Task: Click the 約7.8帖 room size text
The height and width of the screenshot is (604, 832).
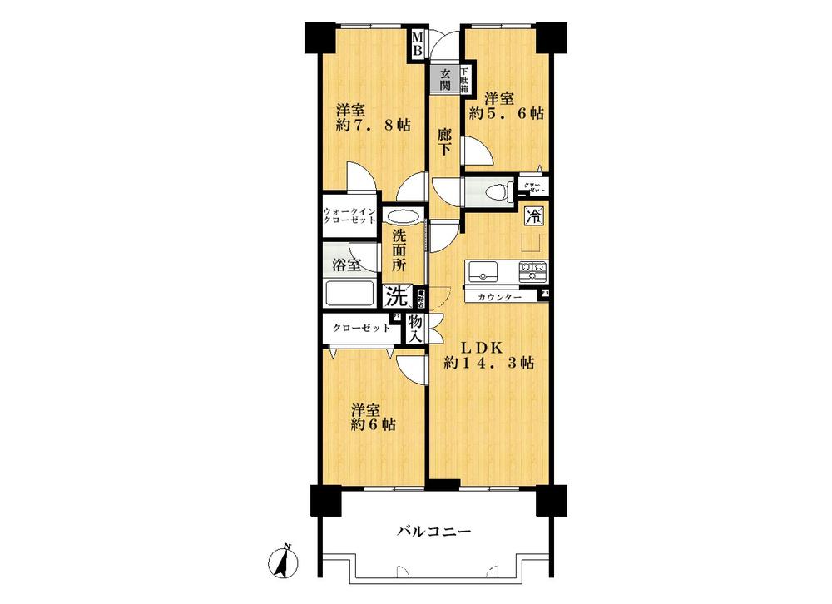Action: (x=374, y=125)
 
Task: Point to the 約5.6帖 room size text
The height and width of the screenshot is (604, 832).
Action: (x=506, y=114)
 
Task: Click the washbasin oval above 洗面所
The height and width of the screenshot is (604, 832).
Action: (x=402, y=215)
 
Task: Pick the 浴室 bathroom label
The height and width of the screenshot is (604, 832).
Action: (x=347, y=265)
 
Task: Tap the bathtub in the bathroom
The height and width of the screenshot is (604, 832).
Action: (x=350, y=295)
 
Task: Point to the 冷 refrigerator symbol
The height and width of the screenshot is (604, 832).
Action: (x=533, y=218)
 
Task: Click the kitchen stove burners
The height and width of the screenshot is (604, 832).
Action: (x=532, y=270)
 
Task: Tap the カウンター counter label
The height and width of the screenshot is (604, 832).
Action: (x=500, y=296)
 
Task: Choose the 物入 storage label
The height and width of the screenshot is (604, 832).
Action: (x=414, y=328)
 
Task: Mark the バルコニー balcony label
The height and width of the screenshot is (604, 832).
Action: (x=433, y=530)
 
